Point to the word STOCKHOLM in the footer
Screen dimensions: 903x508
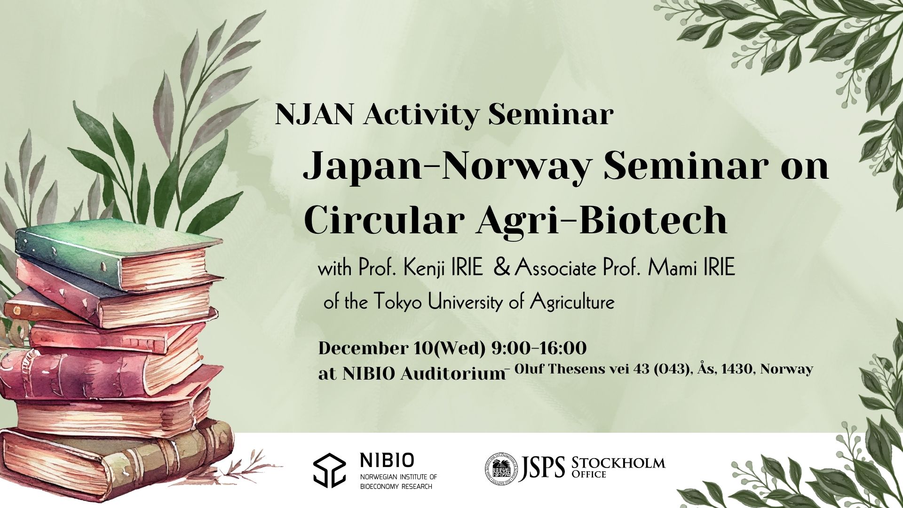coord(618,463)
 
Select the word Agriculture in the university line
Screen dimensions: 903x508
coord(572,302)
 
